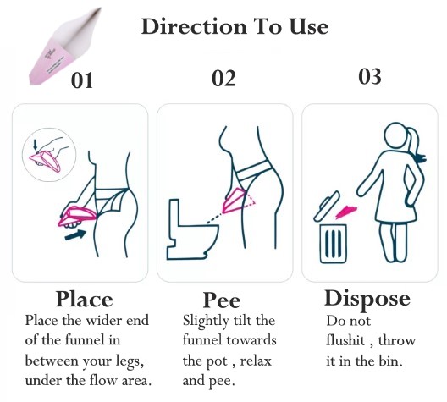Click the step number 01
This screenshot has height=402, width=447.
[82, 80]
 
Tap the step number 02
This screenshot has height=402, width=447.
[223, 79]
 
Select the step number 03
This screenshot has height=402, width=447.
[370, 76]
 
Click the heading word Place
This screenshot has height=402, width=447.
[84, 300]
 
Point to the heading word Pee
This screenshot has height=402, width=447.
[222, 300]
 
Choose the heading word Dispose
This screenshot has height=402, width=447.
[367, 299]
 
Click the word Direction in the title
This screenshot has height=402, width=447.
[194, 26]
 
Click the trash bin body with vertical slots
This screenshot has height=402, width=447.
[334, 244]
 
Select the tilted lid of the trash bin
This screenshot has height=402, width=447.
[327, 207]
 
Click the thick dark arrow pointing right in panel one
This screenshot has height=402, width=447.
[75, 234]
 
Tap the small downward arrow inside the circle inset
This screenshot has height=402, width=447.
[35, 144]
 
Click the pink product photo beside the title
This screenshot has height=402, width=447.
[65, 47]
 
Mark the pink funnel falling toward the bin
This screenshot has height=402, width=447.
[346, 212]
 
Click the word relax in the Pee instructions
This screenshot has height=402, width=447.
[256, 361]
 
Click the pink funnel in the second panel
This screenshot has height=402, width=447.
[234, 201]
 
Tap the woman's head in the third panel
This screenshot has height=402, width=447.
[396, 136]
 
